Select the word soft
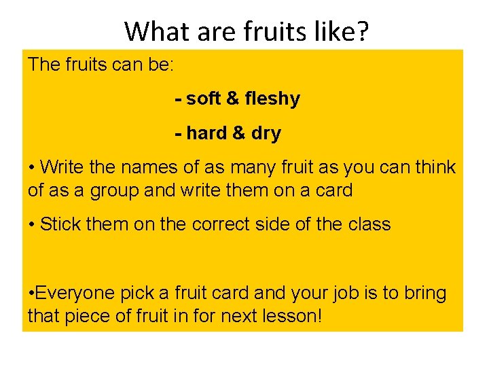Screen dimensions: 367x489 pos(203,99)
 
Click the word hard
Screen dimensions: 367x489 pos(206,133)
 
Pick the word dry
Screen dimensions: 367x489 pos(266,134)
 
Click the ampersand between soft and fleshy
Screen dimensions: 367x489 pos(233,99)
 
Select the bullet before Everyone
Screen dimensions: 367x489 pos(31,294)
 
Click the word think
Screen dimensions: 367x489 pos(432,167)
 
